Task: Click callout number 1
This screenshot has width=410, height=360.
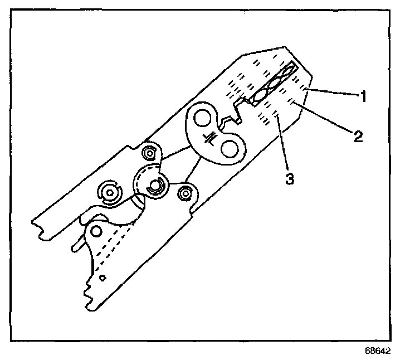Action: coord(363,96)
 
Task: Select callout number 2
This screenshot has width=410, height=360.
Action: coord(356,135)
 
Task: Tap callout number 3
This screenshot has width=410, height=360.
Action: coord(290,179)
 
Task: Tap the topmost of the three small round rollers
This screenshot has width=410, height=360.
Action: coord(149,152)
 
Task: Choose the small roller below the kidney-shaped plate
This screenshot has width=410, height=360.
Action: coord(186,193)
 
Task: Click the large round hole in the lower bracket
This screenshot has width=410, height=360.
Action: coord(97,231)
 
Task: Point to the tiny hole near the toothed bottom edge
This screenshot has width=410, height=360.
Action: coord(101,276)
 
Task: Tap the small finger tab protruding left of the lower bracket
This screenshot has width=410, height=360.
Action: coord(77,244)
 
